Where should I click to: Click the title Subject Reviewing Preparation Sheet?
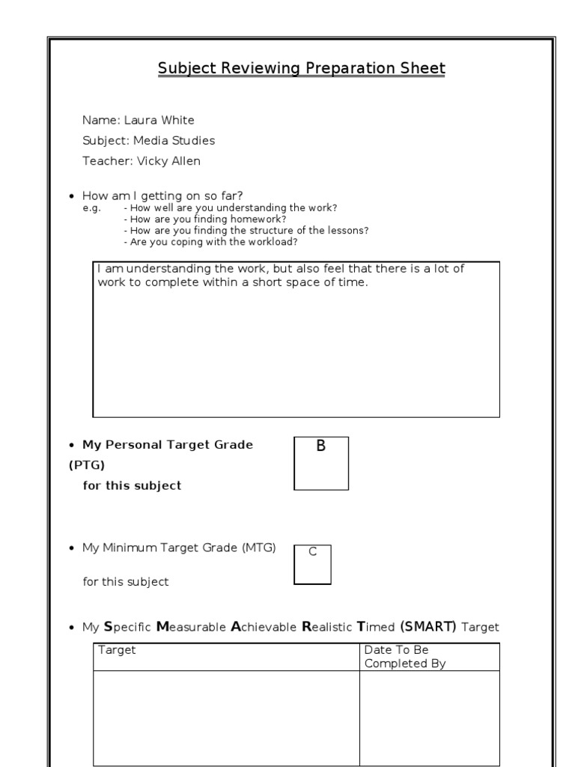[x=301, y=69]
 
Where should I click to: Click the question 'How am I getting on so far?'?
[x=162, y=196]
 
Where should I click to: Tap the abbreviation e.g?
[x=91, y=208]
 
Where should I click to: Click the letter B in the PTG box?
[x=321, y=446]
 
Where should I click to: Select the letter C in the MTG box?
[x=313, y=552]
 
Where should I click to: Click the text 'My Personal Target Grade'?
[x=168, y=445]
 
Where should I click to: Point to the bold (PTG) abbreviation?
[x=88, y=465]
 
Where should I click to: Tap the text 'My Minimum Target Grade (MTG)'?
[x=179, y=548]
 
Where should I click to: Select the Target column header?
[x=117, y=650]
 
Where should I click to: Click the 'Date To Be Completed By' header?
[x=404, y=656]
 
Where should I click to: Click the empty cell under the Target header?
[x=226, y=717]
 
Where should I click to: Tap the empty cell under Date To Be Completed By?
[x=429, y=717]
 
